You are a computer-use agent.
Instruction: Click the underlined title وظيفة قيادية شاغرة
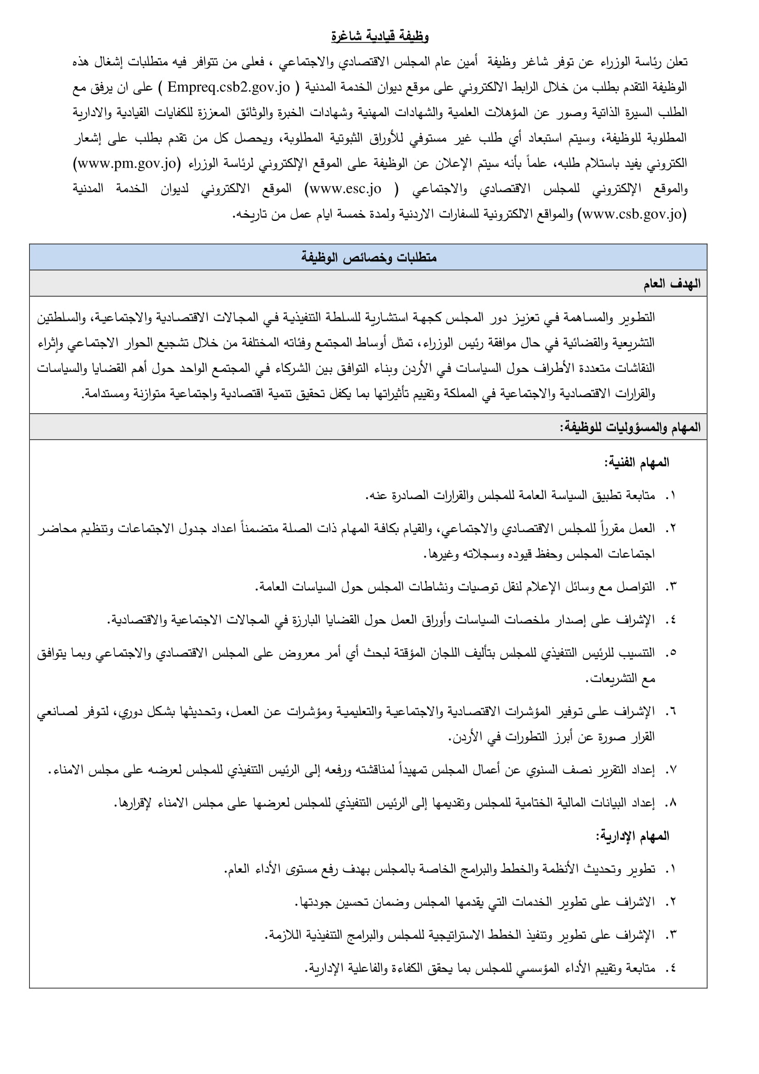[x=379, y=36]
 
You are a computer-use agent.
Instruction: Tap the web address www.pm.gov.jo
[x=127, y=164]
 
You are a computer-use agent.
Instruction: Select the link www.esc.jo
[x=345, y=189]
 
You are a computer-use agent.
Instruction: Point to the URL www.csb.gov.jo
[x=632, y=215]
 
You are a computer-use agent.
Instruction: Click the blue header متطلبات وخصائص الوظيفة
[x=368, y=257]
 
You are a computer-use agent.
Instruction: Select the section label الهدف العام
[x=672, y=283]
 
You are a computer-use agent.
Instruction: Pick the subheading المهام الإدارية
[x=632, y=836]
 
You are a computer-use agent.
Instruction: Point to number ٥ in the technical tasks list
[x=671, y=653]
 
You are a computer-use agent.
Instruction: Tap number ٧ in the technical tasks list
[x=671, y=770]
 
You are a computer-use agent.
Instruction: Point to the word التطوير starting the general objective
[x=637, y=318]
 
